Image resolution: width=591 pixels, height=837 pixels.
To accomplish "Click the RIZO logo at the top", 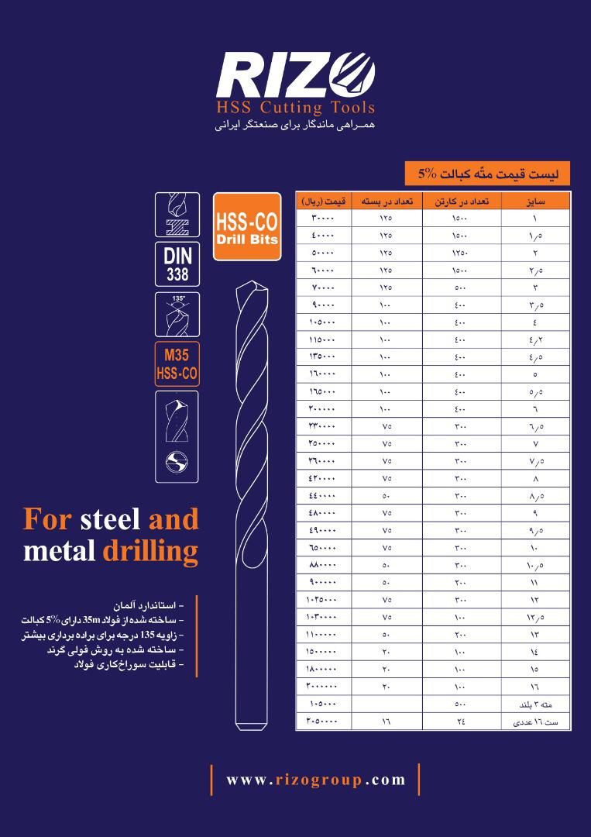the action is coord(295,75).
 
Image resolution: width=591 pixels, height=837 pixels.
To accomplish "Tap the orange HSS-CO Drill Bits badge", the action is coord(247,227).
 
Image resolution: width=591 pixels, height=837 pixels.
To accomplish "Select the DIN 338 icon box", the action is coord(177,264).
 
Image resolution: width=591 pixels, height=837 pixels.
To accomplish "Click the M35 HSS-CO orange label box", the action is coord(177,364).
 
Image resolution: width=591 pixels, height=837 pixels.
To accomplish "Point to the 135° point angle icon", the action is coord(177,315).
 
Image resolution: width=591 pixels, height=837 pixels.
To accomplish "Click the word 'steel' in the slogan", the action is coord(111,519).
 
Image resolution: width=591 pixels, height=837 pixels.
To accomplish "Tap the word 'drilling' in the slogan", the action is coord(150,552).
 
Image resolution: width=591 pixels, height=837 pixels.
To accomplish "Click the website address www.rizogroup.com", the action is coord(315,780).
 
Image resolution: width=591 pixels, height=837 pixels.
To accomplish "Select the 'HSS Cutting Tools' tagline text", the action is coord(296,108).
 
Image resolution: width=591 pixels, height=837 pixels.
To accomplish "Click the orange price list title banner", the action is coord(487,174).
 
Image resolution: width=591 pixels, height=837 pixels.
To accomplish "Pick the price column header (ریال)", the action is coord(324,201).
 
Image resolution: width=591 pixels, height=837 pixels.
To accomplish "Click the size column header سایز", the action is coord(535,201).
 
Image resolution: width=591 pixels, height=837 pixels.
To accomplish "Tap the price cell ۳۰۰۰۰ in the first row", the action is coord(323,219).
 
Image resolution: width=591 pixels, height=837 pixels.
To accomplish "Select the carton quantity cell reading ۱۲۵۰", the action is coord(461,253).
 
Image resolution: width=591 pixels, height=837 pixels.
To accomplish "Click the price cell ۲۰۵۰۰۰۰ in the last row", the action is coord(321,722).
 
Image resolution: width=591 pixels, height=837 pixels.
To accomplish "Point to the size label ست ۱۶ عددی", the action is coord(535,722).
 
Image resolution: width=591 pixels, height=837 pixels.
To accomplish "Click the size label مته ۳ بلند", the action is coord(535,704).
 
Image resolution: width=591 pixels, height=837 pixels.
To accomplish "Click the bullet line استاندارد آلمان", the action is coord(148,606).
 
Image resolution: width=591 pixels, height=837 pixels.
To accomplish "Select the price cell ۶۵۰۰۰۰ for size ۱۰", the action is coord(323,548).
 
